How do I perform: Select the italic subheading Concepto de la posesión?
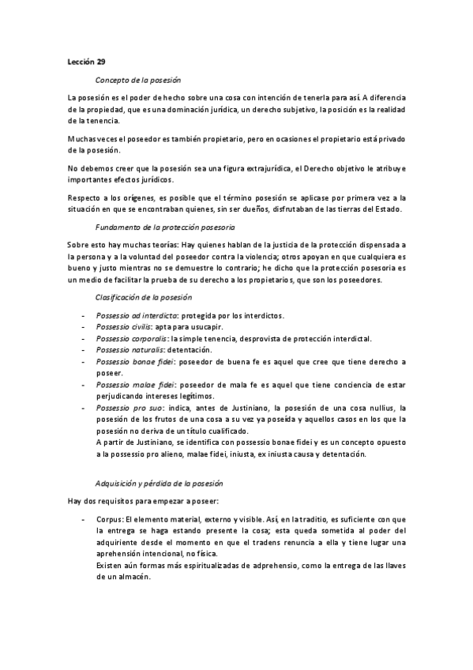(138, 80)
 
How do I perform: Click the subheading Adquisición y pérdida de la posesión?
(160, 481)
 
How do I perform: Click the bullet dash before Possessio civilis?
(83, 327)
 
